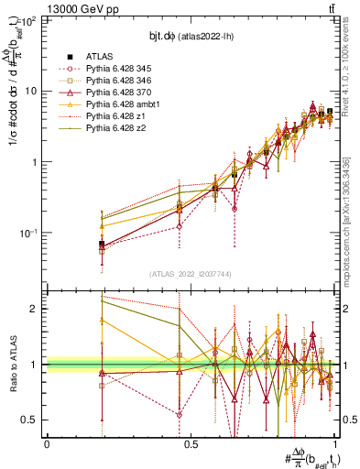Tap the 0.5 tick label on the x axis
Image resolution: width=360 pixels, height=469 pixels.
191,443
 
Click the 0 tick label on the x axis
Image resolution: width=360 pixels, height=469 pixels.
47,443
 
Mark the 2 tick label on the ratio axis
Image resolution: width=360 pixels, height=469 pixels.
35,309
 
